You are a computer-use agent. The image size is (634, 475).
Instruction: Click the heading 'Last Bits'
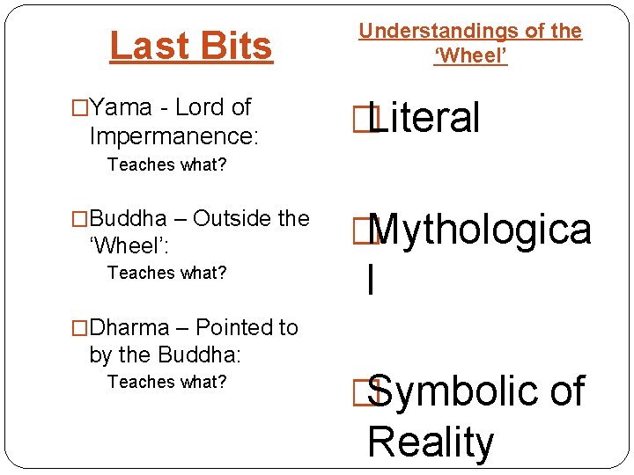click(x=191, y=46)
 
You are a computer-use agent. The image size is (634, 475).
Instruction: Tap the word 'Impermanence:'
click(x=174, y=135)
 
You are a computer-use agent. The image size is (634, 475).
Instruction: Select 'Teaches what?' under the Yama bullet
click(x=166, y=164)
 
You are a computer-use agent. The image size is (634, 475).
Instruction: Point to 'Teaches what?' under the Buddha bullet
click(x=166, y=273)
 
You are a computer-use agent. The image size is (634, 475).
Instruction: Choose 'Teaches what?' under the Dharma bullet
click(x=166, y=382)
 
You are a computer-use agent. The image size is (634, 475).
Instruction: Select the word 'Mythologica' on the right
click(x=480, y=230)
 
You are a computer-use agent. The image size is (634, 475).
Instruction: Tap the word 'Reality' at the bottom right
click(x=431, y=442)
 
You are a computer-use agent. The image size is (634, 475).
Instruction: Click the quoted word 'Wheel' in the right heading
click(x=471, y=57)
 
